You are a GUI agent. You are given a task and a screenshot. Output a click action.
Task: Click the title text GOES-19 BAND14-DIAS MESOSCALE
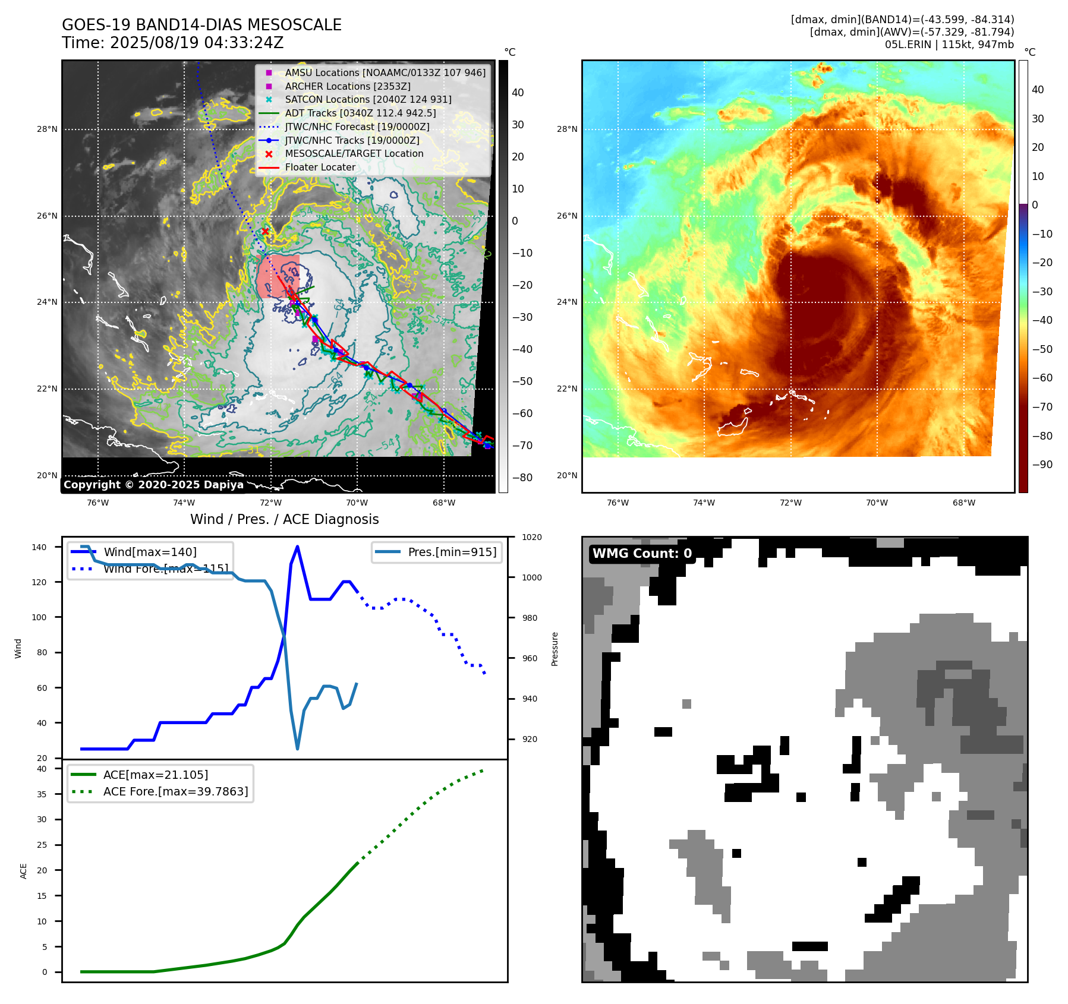(x=201, y=25)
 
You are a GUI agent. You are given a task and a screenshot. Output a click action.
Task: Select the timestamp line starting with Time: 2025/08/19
(x=172, y=43)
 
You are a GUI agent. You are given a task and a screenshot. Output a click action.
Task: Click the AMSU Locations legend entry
(x=385, y=72)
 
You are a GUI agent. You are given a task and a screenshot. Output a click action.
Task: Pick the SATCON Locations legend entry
(x=368, y=100)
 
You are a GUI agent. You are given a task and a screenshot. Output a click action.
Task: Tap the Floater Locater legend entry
(x=320, y=168)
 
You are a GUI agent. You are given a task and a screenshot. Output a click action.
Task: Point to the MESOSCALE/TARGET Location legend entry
(x=354, y=154)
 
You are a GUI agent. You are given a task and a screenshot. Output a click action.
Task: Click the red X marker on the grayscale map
(x=266, y=231)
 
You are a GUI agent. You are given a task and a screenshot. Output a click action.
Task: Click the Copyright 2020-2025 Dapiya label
(x=153, y=485)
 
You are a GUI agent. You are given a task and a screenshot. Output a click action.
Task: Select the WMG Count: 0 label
(x=642, y=554)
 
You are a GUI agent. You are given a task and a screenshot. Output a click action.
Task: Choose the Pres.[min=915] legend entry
(x=452, y=552)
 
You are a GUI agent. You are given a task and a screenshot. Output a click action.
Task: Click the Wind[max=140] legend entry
(x=150, y=552)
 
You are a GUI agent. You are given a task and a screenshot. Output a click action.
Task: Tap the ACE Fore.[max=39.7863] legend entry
(x=175, y=791)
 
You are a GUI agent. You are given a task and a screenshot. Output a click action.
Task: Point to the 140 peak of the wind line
(x=297, y=547)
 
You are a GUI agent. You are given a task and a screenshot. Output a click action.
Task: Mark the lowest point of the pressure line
(x=297, y=749)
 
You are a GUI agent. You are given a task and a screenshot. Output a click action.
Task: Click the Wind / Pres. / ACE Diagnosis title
(x=284, y=519)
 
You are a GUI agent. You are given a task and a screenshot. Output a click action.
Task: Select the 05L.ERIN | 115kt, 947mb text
(x=949, y=45)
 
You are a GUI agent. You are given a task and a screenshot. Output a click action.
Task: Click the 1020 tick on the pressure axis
(x=531, y=537)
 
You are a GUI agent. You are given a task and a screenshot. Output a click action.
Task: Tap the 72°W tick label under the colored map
(x=790, y=503)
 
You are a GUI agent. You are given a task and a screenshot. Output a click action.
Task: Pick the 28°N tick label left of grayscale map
(x=48, y=130)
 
